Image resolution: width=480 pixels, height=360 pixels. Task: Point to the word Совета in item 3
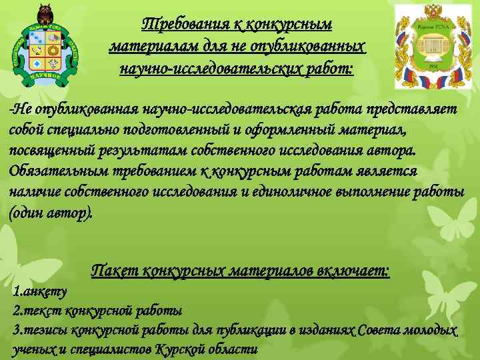[380, 330]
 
